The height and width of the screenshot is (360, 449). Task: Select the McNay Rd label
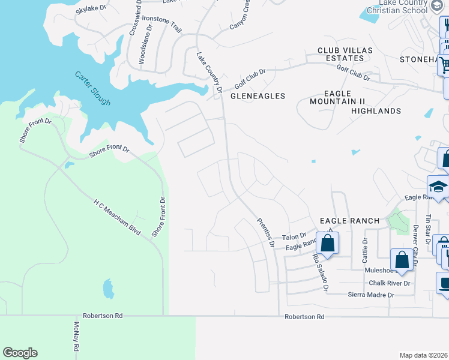76,337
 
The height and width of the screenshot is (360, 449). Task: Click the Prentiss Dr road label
265,233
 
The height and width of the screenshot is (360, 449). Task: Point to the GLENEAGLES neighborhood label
258,96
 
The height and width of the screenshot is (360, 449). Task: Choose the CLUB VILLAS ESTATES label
341,55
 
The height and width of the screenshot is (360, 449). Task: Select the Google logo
20,353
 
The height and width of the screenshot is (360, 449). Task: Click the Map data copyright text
423,355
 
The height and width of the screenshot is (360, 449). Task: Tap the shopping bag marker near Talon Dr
327,244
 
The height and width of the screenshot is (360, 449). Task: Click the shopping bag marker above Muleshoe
402,260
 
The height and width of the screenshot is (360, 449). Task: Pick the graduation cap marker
438,187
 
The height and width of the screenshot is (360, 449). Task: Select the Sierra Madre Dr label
371,295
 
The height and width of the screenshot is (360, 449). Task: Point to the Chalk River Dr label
389,283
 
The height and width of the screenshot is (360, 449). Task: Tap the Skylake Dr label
91,9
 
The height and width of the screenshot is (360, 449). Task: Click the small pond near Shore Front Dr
108,289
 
